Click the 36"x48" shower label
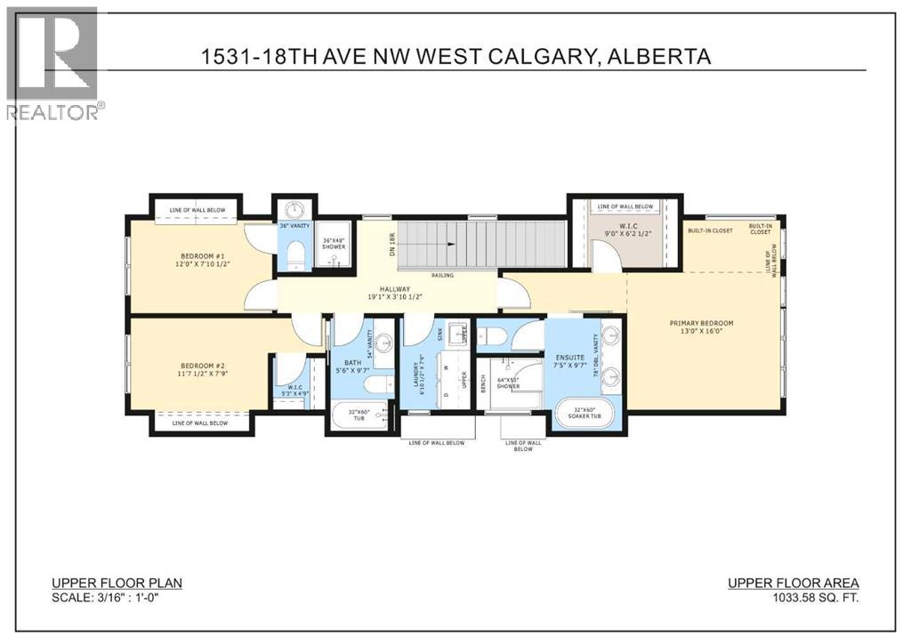coord(334,243)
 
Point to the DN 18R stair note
coord(391,244)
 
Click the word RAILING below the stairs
coord(442,275)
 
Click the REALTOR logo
coord(52,62)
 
